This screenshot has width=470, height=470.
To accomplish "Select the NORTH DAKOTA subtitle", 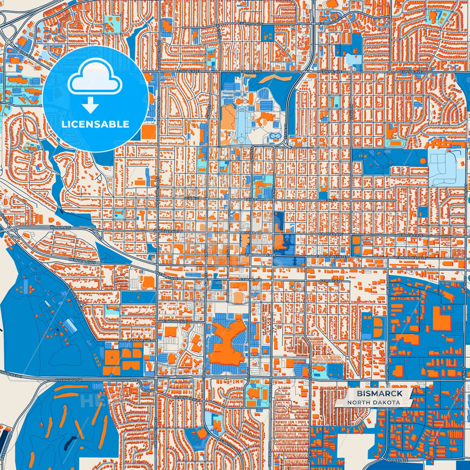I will [x=373, y=402].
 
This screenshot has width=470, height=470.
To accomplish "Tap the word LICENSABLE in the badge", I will [x=95, y=124].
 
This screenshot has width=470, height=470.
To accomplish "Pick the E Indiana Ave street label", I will [x=175, y=321].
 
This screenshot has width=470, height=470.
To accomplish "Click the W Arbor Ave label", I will [x=139, y=340].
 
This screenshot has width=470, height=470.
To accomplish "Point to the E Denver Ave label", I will [x=187, y=399].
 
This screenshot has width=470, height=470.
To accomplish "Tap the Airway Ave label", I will [x=397, y=460].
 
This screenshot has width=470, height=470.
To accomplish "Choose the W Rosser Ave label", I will [x=166, y=231].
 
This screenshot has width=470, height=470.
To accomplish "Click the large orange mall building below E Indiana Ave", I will [x=226, y=342].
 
